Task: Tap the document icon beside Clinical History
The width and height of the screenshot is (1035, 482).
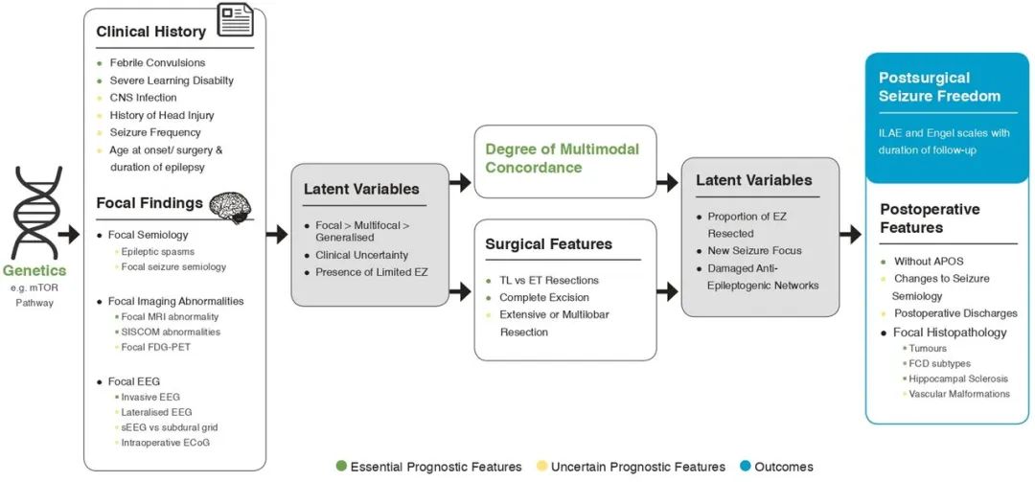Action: click(236, 21)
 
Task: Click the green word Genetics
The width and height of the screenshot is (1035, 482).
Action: click(34, 271)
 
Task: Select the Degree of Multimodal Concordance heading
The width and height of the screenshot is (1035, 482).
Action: click(562, 158)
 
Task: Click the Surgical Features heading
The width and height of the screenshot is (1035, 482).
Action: click(548, 243)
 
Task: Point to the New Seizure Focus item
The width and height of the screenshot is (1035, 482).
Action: click(754, 250)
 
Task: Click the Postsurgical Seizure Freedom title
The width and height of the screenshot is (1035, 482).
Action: click(939, 86)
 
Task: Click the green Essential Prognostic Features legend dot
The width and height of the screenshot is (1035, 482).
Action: click(341, 467)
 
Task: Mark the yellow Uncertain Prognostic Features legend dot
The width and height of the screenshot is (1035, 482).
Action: click(541, 467)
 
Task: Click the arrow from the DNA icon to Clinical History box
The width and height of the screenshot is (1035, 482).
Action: click(68, 233)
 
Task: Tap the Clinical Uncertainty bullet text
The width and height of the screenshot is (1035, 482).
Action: click(361, 255)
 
